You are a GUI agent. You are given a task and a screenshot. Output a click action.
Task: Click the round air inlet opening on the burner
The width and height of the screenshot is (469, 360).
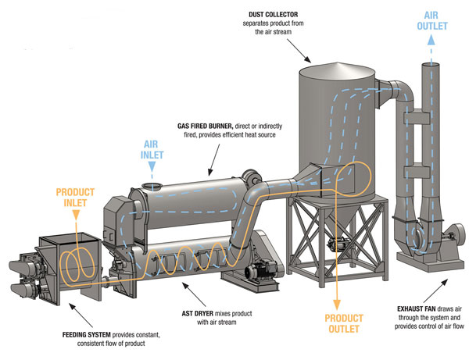[152, 186]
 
